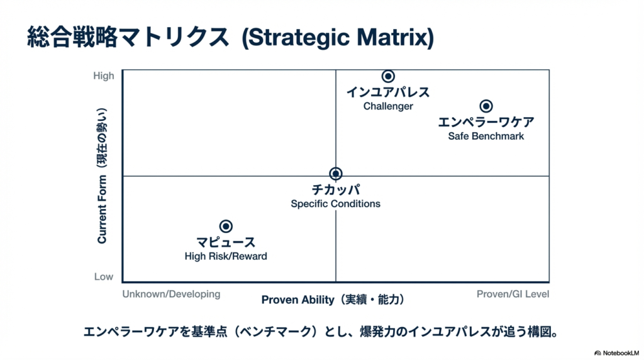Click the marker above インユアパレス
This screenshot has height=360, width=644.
click(x=388, y=76)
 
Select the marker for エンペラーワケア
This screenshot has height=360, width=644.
click(x=486, y=106)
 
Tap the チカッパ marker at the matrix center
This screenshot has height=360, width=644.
click(x=336, y=174)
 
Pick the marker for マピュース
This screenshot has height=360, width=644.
click(x=226, y=226)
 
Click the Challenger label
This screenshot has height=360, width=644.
click(x=388, y=106)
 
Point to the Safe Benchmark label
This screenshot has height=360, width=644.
click(x=486, y=136)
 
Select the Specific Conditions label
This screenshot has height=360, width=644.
click(x=336, y=203)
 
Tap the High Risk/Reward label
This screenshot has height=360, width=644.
click(x=226, y=256)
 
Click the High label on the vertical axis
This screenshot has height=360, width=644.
click(x=104, y=76)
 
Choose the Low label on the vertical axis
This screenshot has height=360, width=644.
click(x=104, y=276)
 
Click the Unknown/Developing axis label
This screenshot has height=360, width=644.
click(x=171, y=295)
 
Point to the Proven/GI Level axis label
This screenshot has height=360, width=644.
click(x=513, y=294)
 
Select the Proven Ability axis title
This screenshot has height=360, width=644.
click(x=333, y=300)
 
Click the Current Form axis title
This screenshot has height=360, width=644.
click(x=102, y=176)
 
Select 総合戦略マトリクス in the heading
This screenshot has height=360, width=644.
click(x=128, y=37)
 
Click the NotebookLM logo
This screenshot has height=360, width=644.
click(x=617, y=353)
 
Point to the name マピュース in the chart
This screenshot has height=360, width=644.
click(x=226, y=242)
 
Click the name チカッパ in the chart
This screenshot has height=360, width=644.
click(x=336, y=189)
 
